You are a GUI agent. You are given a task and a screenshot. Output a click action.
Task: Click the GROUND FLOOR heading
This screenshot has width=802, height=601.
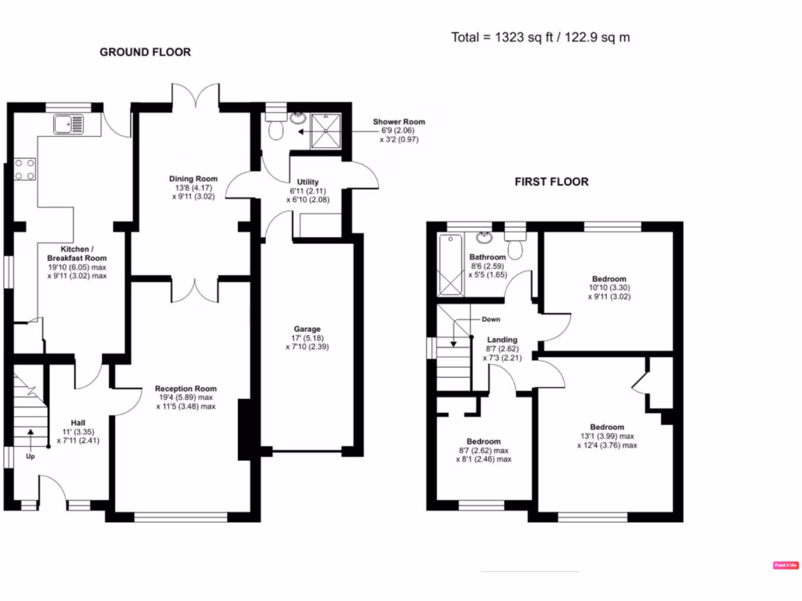[x=145, y=52]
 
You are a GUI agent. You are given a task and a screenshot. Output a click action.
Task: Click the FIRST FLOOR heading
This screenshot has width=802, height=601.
[x=551, y=182]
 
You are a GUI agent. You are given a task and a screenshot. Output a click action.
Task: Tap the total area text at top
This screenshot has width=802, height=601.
[x=540, y=37]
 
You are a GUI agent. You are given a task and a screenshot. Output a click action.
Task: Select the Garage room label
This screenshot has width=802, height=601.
[x=307, y=329]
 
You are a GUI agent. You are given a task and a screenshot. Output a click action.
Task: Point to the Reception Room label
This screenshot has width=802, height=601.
[x=186, y=389]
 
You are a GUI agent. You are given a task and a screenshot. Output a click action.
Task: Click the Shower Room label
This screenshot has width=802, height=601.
[x=399, y=122]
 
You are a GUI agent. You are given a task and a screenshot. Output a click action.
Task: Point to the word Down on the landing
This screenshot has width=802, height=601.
[x=491, y=319]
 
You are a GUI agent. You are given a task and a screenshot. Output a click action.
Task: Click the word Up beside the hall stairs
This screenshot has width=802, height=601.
[x=31, y=456]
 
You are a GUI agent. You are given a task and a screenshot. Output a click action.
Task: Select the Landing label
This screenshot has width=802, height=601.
[x=502, y=340]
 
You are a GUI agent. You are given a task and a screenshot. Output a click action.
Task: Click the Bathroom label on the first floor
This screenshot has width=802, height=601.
[x=487, y=257]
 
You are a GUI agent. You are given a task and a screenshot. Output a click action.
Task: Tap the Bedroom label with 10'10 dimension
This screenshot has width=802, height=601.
[x=609, y=279]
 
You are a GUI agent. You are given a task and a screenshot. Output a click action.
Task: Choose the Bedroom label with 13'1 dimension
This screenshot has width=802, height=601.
[x=608, y=427]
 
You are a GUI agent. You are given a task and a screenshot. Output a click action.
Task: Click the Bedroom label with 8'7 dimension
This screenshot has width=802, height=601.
[x=483, y=441]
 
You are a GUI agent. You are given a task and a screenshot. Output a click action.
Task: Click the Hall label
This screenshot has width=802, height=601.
[x=78, y=420]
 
